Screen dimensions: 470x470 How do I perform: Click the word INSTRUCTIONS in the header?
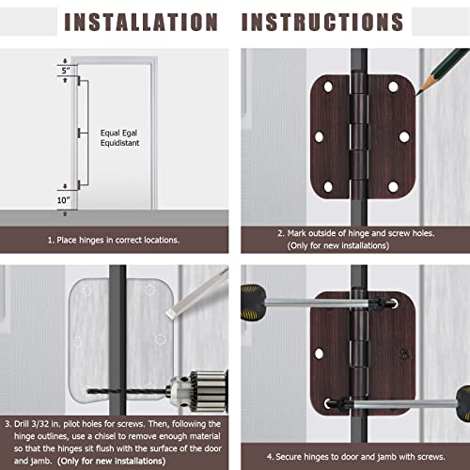coord(323,22)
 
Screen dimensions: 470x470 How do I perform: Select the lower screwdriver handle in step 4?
coord(455,399)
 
